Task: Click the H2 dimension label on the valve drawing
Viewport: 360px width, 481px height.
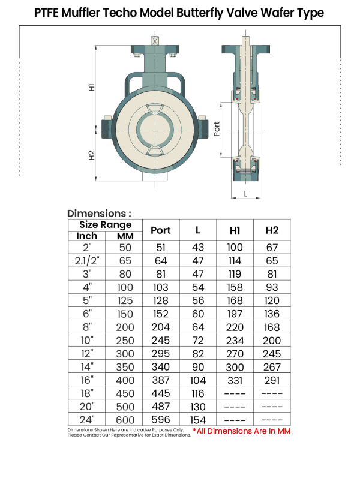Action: coord(92,154)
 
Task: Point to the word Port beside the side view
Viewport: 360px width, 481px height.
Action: coord(217,128)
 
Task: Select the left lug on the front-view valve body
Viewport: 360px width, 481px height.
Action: coord(107,128)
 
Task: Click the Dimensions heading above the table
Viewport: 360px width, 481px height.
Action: coord(99,213)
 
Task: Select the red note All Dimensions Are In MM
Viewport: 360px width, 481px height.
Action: coord(242,431)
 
